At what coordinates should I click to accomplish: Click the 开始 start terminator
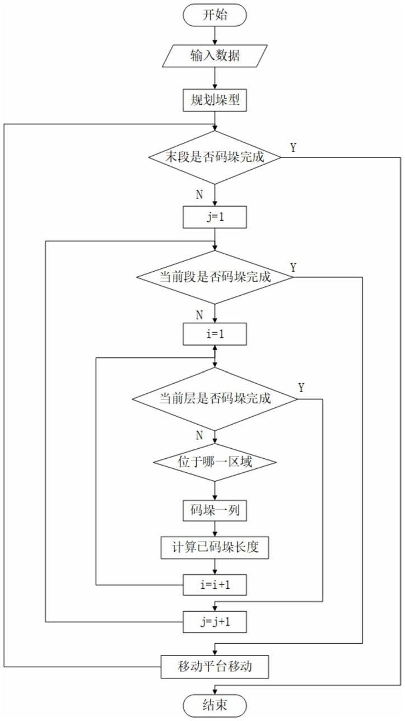tap(215, 15)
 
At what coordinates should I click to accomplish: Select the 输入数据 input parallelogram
tap(215, 56)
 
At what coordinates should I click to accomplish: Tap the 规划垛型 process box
tap(215, 100)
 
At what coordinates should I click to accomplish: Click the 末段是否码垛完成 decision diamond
tap(215, 157)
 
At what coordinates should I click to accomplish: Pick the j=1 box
tap(215, 217)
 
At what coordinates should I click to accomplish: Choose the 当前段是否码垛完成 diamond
tap(215, 277)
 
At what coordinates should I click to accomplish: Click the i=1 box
tap(215, 334)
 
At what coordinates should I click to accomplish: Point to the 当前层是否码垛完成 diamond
tap(215, 399)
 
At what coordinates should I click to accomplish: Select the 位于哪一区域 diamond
tap(215, 462)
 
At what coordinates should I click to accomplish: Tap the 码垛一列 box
tap(215, 510)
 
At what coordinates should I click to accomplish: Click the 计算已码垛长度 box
tap(215, 547)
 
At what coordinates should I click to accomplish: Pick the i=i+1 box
tap(215, 585)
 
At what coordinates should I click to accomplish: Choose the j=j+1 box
tap(215, 622)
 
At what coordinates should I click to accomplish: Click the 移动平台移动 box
tap(215, 666)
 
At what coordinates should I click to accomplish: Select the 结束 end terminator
tap(215, 705)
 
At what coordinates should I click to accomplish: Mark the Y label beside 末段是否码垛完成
tap(293, 148)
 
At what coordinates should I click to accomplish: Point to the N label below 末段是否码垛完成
tap(199, 194)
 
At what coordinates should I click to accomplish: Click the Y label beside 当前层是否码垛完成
tap(301, 388)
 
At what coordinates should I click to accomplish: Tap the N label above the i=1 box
tap(199, 315)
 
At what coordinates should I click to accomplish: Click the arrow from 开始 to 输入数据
tap(215, 35)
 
